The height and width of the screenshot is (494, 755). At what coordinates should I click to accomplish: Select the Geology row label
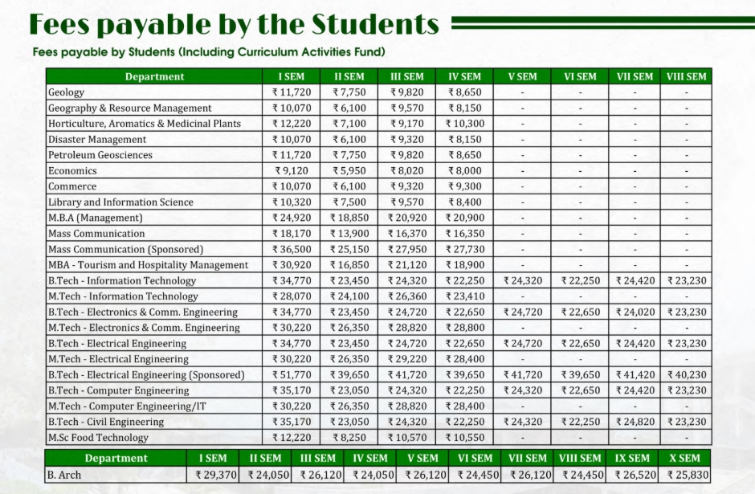click(66, 92)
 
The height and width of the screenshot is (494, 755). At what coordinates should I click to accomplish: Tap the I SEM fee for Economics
click(292, 171)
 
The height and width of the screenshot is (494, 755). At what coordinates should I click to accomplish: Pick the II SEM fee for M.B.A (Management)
click(349, 218)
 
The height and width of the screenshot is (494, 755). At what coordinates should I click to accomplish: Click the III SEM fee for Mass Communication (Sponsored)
click(407, 249)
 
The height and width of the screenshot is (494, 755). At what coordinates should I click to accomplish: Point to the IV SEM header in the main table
click(464, 76)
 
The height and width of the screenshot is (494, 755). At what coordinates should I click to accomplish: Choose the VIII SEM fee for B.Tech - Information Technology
click(687, 280)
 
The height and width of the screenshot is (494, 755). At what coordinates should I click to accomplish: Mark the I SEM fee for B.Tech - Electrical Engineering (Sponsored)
click(292, 374)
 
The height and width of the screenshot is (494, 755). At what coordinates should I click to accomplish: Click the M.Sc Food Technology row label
click(98, 437)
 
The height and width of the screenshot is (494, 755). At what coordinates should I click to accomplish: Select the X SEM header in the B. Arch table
click(684, 458)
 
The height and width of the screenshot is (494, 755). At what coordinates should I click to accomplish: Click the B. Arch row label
click(64, 475)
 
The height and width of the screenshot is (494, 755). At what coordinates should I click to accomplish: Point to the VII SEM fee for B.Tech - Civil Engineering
click(635, 422)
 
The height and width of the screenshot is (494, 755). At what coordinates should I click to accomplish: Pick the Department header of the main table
click(154, 76)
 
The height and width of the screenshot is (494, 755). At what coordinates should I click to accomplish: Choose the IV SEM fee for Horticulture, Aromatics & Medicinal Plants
click(464, 124)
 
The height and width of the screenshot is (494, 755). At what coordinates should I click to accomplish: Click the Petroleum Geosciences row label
click(100, 155)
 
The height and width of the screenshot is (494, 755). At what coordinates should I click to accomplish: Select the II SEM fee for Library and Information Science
click(349, 202)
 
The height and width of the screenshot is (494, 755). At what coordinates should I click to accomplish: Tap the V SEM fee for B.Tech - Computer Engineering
click(522, 390)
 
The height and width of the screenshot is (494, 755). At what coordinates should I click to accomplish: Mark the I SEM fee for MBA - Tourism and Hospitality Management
click(292, 265)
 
